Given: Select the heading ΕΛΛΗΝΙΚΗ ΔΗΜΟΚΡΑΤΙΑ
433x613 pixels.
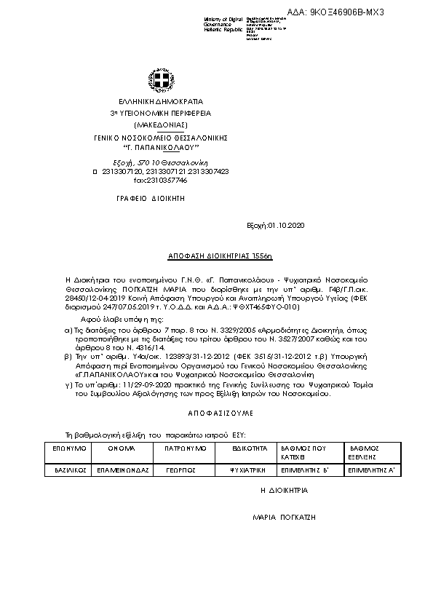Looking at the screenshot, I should [156, 102].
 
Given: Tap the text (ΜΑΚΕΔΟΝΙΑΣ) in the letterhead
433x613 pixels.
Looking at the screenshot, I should [155, 125].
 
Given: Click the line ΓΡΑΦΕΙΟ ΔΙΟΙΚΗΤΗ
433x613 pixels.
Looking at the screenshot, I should [151, 198].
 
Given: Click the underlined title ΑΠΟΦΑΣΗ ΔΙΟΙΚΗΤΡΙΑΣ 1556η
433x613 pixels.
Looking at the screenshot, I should [216, 258].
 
